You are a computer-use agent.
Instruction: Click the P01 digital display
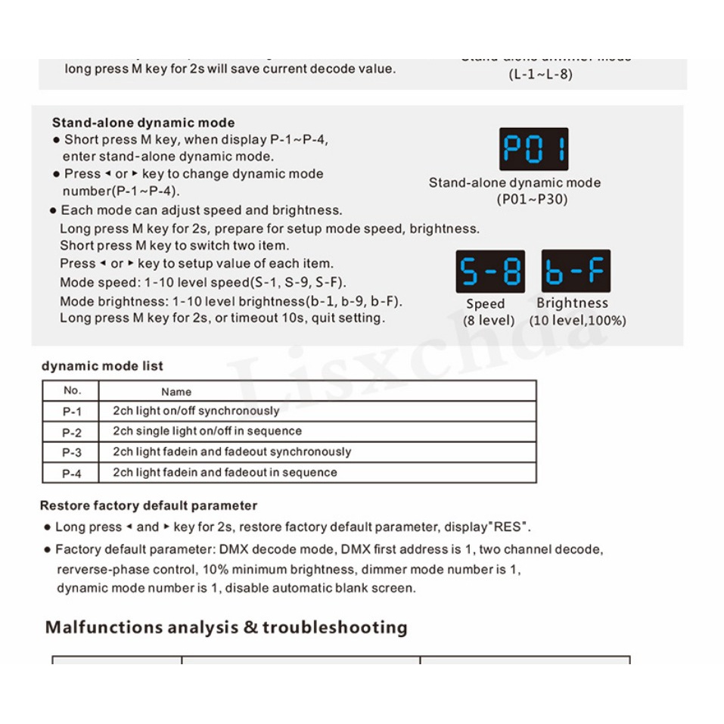tap(533, 149)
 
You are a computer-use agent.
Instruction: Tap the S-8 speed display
tap(489, 272)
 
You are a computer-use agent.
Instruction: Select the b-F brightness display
tap(576, 272)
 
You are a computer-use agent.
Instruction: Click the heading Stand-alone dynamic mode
tap(143, 123)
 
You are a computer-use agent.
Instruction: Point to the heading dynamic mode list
tap(102, 366)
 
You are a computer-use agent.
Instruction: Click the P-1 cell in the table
tap(71, 412)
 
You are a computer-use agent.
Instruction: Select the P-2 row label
tap(71, 432)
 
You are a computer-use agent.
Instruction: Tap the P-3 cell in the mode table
tap(71, 452)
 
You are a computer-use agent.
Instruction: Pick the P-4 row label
tap(71, 473)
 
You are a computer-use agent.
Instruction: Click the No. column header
tap(71, 391)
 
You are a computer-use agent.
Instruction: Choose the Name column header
tap(176, 392)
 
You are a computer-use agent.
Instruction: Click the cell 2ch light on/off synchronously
tap(196, 412)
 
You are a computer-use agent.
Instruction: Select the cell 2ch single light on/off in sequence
tap(207, 431)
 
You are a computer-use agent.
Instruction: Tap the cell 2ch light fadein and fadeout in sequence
tap(225, 473)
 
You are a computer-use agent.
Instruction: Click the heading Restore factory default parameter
tap(148, 505)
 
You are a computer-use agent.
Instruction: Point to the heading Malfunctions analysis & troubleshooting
tap(226, 627)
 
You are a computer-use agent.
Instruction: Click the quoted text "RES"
tap(510, 527)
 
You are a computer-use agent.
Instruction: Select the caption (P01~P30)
tap(532, 200)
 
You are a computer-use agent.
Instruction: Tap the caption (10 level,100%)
tap(578, 321)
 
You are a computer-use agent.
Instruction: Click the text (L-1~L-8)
tap(539, 75)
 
